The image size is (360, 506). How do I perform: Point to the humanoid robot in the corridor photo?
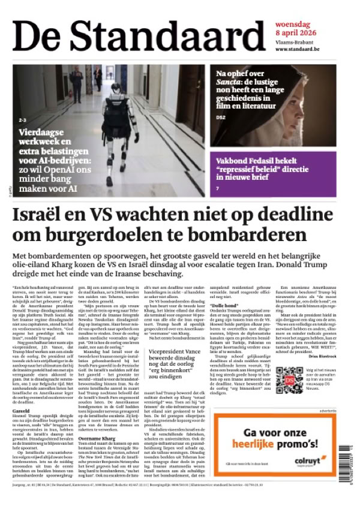(124, 126)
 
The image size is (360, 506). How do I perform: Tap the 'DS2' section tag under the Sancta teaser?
(220, 117)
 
